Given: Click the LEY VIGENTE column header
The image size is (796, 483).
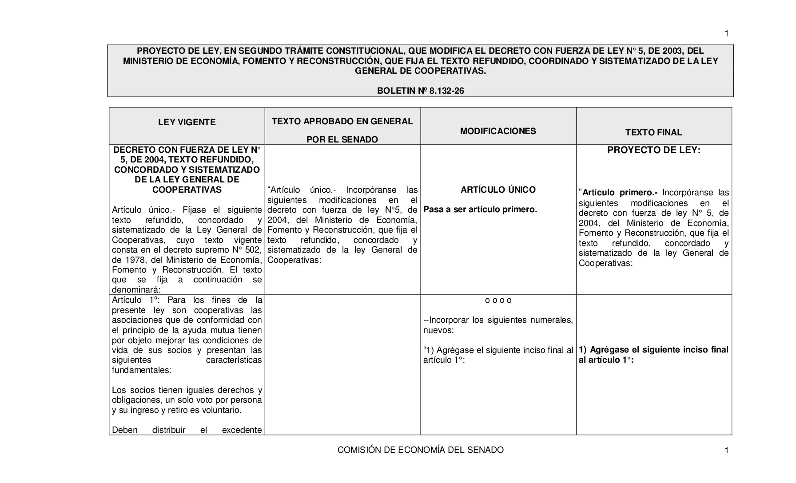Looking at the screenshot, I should [x=187, y=122].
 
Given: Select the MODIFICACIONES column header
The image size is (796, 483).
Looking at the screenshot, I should [x=498, y=131].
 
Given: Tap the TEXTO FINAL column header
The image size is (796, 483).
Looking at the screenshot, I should [x=653, y=132].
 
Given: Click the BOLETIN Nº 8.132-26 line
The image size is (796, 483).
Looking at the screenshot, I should [x=420, y=91].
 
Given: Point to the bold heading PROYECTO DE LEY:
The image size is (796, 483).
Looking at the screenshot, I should [x=653, y=150].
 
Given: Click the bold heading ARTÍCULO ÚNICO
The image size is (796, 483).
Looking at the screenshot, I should [x=498, y=190].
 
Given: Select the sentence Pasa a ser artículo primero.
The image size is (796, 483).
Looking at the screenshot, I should [x=480, y=209].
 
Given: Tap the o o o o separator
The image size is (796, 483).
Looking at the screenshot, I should [x=498, y=300].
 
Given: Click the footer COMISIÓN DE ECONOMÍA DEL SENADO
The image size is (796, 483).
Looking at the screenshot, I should [x=420, y=450].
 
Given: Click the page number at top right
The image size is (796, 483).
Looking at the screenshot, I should [x=727, y=34].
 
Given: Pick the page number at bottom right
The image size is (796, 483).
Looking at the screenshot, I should [x=727, y=451].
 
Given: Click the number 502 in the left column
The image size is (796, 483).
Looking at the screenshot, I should [x=255, y=249].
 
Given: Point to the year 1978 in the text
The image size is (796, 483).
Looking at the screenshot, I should [x=132, y=260].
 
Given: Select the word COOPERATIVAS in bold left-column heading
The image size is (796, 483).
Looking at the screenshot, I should [x=187, y=190].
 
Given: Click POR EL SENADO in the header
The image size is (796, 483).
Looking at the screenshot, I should [x=342, y=139].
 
